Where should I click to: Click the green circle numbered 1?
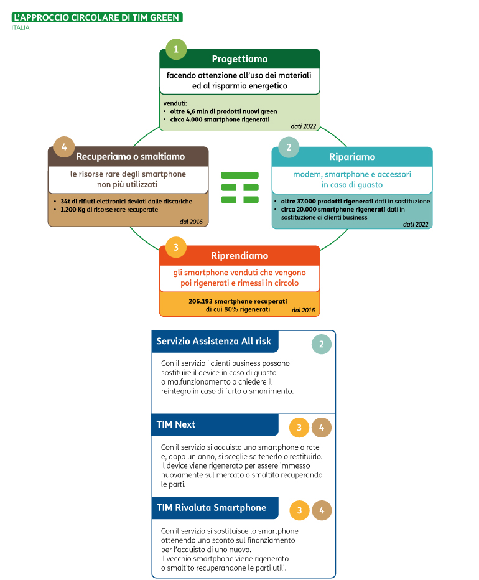[176, 49]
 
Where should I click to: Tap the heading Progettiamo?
[240, 59]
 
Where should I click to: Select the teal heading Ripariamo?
[352, 157]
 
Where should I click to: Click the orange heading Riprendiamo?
[240, 256]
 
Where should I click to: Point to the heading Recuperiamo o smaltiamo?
[131, 156]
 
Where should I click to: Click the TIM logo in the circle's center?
[240, 187]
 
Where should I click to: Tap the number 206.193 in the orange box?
[200, 301]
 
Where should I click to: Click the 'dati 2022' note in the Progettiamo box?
[304, 126]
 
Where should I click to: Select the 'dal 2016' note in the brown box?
[191, 222]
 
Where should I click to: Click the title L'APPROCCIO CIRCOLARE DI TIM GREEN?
[97, 17]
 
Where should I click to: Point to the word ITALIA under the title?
[21, 28]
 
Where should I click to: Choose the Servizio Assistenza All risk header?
[214, 341]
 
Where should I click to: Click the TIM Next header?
[175, 424]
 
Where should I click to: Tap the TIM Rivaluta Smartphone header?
[212, 508]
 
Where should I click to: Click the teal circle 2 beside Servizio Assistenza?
[322, 344]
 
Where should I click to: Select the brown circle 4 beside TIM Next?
[322, 428]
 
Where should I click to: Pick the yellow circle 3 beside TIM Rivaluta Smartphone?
[299, 510]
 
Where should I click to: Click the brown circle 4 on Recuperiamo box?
[64, 147]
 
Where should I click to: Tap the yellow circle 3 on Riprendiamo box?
[176, 247]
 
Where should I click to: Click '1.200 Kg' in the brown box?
[73, 210]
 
